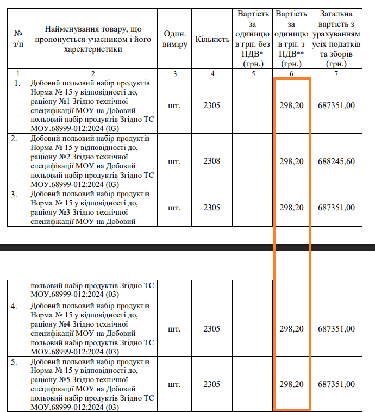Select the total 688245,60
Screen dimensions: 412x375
336,161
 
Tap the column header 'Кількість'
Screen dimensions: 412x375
212,40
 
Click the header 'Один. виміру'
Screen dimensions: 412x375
174,39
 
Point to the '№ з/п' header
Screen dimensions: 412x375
18,39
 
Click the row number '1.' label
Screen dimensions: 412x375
17,83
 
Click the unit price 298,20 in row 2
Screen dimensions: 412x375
291,161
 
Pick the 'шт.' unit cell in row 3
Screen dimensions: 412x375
174,208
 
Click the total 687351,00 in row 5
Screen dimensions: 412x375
336,384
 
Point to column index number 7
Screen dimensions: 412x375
336,73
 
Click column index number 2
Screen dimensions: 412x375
93,73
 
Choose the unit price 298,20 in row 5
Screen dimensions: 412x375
291,384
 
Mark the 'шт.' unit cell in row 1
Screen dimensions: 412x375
174,105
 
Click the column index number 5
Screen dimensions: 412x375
253,73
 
